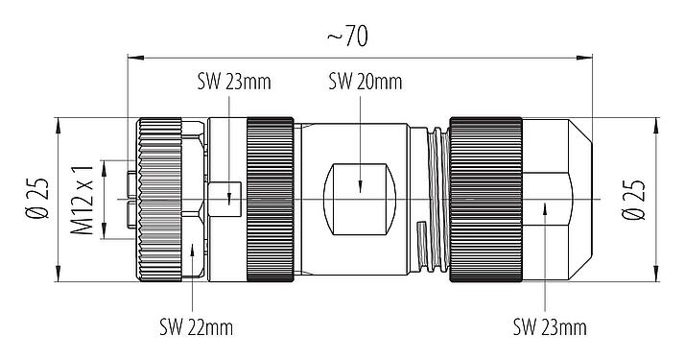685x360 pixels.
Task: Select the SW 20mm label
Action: point(364,82)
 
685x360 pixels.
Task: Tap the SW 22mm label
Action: point(196,327)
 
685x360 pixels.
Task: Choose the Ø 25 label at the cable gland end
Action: point(634,200)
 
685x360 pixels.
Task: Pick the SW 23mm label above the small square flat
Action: point(235,82)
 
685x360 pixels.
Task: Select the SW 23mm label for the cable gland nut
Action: point(550,327)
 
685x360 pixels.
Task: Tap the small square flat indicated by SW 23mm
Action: point(227,200)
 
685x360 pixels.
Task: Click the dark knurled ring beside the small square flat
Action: point(271,200)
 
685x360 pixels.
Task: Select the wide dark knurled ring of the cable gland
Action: point(486,200)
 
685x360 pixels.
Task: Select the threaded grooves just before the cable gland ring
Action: point(437,200)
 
